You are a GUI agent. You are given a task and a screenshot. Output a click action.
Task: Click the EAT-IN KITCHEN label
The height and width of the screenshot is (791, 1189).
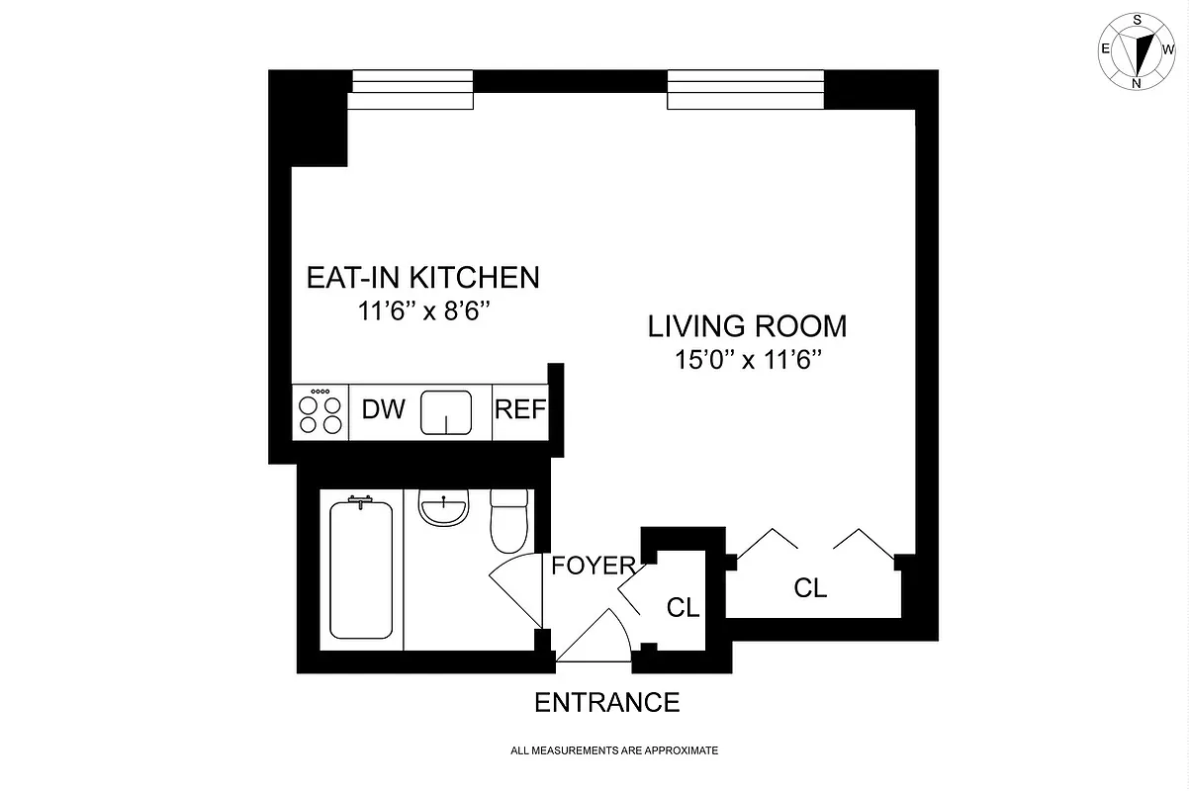(422, 278)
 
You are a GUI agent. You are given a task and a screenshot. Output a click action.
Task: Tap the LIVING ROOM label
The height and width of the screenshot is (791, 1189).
(747, 325)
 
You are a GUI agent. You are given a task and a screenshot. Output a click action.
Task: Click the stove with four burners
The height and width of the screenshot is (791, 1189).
(320, 411)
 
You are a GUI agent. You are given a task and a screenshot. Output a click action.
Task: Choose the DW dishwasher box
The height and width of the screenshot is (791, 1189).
(383, 410)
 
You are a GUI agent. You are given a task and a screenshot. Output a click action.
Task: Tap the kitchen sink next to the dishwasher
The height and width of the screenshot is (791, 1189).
(446, 412)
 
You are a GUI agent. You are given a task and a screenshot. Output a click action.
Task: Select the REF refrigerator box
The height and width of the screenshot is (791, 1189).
(519, 410)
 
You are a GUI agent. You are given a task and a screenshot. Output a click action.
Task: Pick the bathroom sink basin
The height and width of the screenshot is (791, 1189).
(444, 509)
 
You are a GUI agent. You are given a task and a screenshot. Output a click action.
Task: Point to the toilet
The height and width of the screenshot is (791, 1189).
(510, 521)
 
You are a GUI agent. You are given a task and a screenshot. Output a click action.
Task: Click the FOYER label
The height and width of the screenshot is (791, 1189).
(593, 567)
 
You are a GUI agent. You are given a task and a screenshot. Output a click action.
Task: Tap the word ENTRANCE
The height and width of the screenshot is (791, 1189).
(606, 703)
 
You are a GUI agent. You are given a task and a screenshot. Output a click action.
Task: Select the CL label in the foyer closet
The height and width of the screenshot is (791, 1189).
(683, 607)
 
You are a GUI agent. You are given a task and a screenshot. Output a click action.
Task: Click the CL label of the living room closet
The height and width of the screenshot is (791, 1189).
(810, 588)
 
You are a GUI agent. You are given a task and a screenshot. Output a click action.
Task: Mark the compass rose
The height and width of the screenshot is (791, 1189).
(1137, 50)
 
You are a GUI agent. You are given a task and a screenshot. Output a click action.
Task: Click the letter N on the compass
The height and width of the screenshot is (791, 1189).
(1137, 83)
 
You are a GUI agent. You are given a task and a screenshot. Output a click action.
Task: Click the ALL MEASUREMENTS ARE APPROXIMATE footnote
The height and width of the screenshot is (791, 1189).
(613, 751)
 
